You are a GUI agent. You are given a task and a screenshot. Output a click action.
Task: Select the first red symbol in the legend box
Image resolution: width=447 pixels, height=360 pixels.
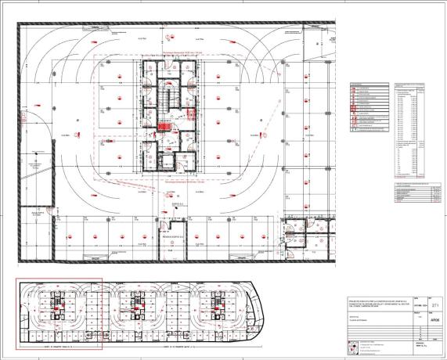pyautogui.click(x=355, y=88)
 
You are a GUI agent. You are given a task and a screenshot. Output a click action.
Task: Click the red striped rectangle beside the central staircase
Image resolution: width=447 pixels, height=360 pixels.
pyautogui.click(x=165, y=125)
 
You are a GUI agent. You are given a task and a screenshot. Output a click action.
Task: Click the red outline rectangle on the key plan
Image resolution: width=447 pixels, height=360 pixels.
pyautogui.click(x=59, y=312)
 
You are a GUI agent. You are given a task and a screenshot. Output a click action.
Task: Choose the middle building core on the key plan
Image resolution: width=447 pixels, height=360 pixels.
pyautogui.click(x=136, y=307)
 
